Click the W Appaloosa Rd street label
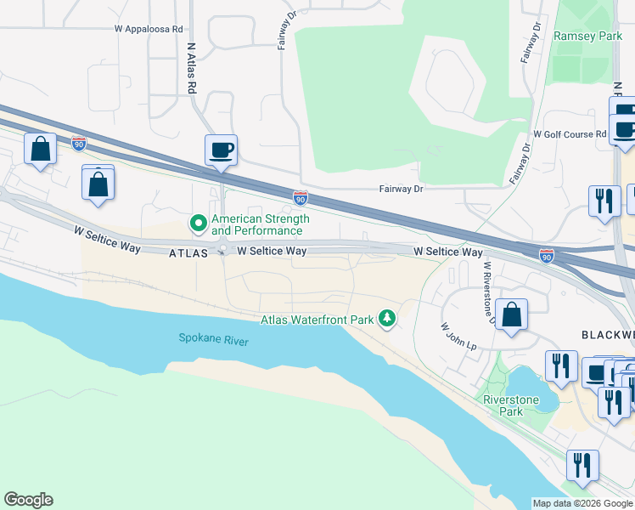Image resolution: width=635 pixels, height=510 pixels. pos(149,28)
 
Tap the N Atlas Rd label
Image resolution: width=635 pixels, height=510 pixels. pos(192,68)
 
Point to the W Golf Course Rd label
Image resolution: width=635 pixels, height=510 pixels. pos(569,134)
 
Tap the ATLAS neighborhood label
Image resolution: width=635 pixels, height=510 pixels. pos(188,252)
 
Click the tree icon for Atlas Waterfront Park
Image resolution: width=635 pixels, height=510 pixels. pos(387,319)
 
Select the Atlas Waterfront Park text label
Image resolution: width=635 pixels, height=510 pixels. pos(317,320)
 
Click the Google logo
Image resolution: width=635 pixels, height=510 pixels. pos(28,500)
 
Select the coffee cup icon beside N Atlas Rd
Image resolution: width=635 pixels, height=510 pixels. pos(221,150)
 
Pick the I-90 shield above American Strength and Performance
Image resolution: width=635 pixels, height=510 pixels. pos(301,197)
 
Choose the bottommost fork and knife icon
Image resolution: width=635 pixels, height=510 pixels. pos(582,465)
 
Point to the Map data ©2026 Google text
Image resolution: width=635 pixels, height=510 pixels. pos(582,503)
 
